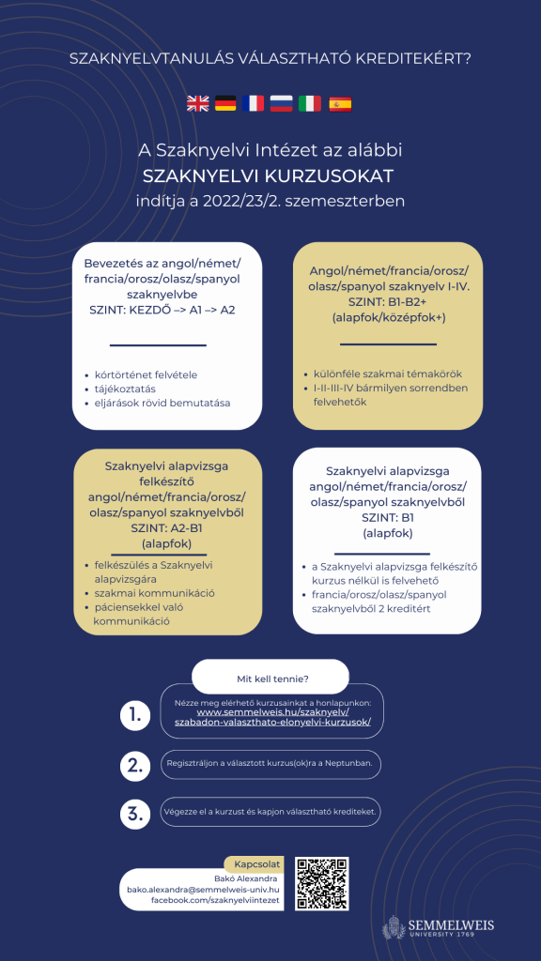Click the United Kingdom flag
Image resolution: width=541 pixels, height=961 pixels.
click(198, 104)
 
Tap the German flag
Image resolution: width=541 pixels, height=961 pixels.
click(225, 104)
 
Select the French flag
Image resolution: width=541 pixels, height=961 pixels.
click(254, 104)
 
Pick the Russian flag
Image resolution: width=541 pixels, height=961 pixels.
click(282, 104)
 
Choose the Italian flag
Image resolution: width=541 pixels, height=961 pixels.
click(310, 104)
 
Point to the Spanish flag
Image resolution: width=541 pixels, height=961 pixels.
click(340, 104)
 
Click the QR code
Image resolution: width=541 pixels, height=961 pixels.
click(322, 883)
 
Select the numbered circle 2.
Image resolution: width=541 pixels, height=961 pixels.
click(135, 765)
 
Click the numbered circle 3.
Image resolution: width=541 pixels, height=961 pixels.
click(135, 813)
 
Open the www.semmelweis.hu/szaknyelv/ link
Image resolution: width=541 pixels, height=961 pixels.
click(273, 712)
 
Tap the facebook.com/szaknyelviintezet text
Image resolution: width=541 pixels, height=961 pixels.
click(215, 900)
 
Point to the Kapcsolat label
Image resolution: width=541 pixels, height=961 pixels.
click(256, 864)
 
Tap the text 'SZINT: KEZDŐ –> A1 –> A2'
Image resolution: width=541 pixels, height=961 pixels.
click(162, 310)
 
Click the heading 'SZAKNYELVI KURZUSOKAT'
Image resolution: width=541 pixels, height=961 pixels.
click(268, 176)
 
